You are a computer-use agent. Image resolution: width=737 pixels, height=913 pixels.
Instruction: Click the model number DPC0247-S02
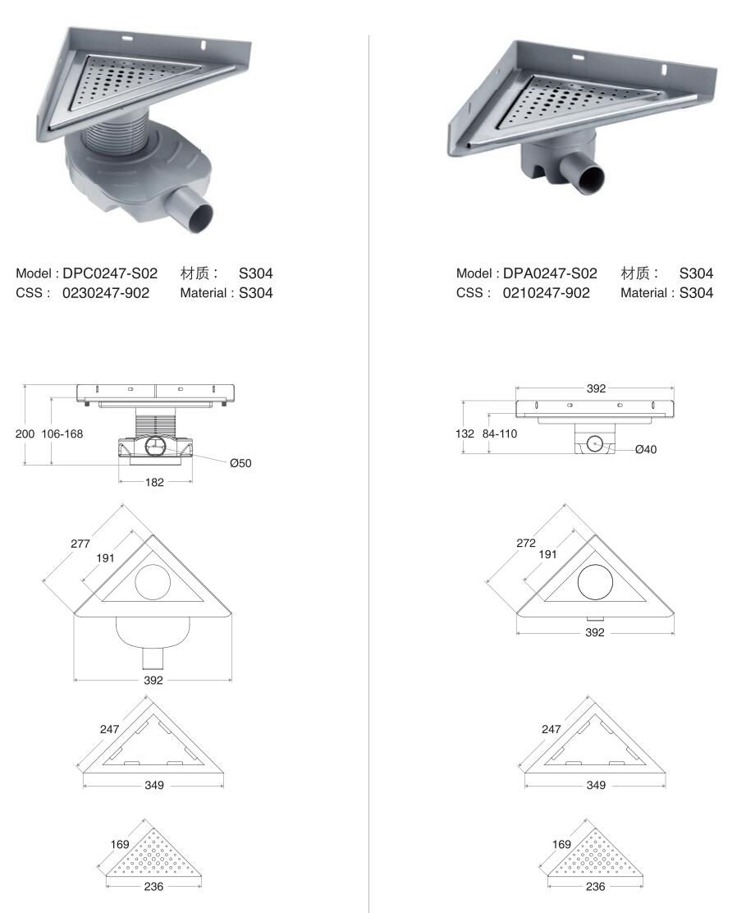pyautogui.click(x=110, y=273)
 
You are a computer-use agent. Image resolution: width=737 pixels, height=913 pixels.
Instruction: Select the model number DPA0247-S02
pyautogui.click(x=550, y=273)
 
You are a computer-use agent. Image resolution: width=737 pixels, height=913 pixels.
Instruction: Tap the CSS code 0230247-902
pyautogui.click(x=106, y=293)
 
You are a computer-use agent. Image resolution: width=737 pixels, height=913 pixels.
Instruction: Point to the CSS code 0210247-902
pyautogui.click(x=547, y=293)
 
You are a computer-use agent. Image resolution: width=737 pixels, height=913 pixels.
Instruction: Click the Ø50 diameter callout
pyautogui.click(x=240, y=464)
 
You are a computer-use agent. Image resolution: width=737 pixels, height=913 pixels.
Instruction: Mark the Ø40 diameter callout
pyautogui.click(x=646, y=449)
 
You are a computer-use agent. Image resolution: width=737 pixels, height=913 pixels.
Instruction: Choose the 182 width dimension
pyautogui.click(x=154, y=482)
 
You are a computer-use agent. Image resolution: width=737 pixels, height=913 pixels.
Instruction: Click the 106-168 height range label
pyautogui.click(x=62, y=434)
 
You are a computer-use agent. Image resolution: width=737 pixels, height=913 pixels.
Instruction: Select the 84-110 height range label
pyautogui.click(x=500, y=434)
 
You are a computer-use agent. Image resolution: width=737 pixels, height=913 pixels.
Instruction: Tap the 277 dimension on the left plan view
pyautogui.click(x=80, y=544)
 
